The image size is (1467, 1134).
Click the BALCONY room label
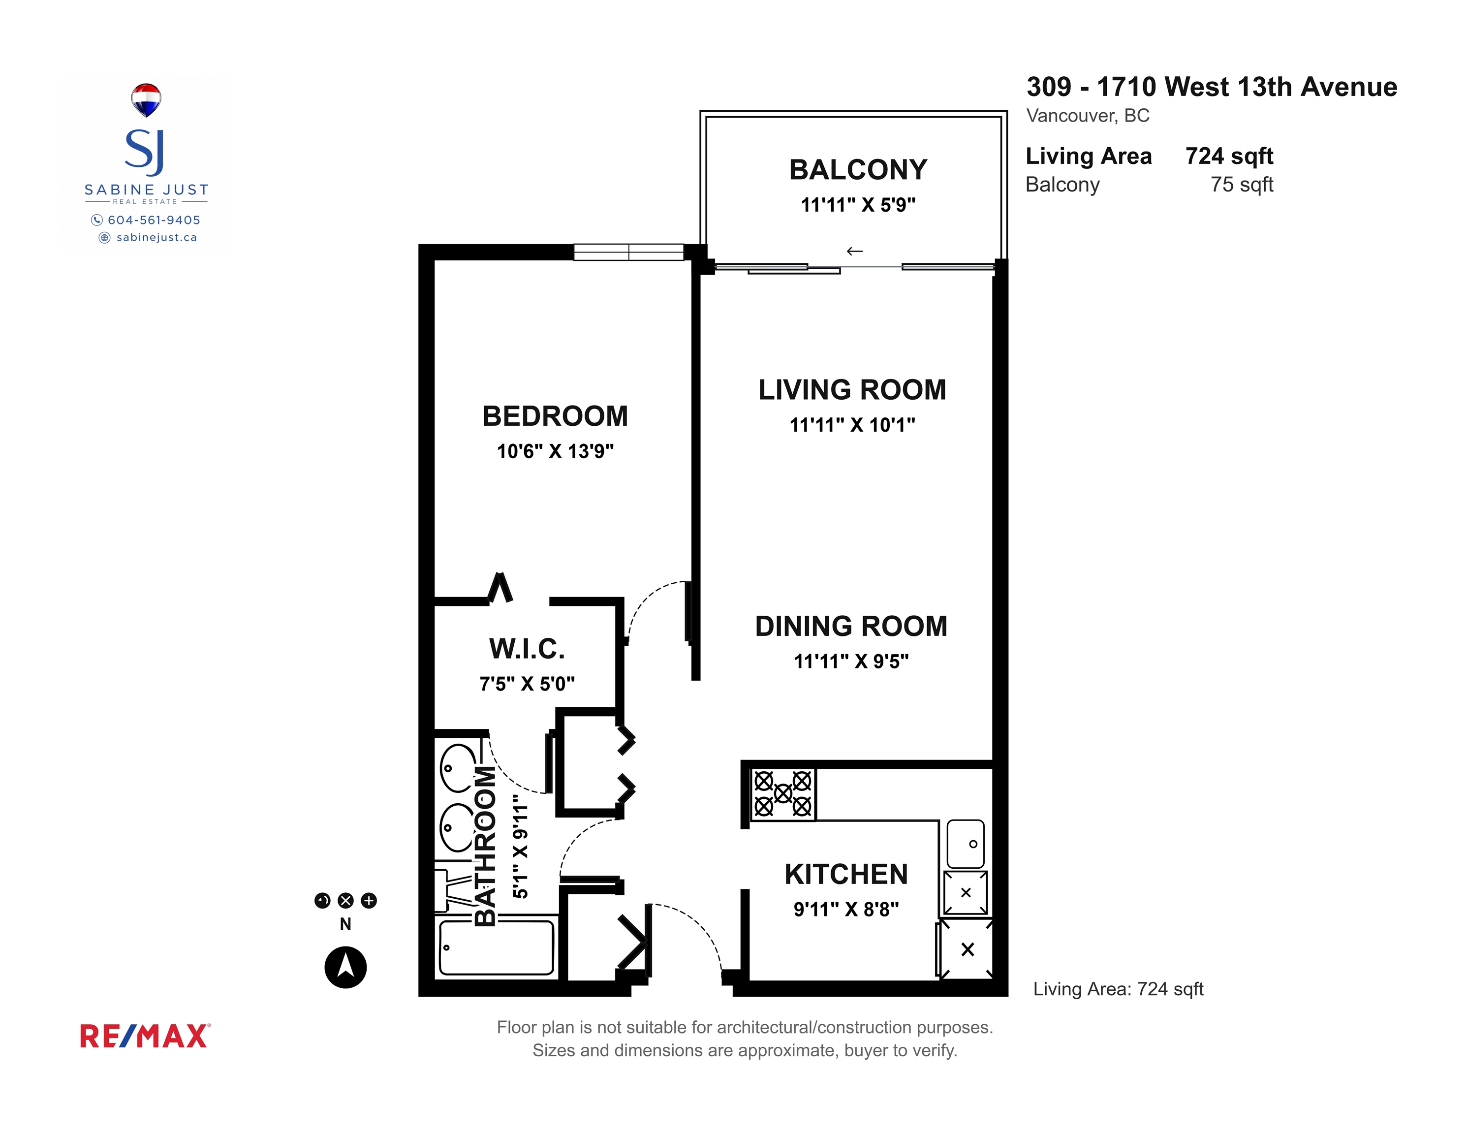[x=858, y=169]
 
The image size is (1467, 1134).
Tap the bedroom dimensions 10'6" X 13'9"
[x=555, y=451]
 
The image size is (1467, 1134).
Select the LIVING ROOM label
[x=852, y=390]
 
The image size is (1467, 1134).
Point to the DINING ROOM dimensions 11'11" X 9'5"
[x=851, y=661]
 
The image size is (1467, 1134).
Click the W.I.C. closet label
[x=527, y=649]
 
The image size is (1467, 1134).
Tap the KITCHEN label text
[x=845, y=874]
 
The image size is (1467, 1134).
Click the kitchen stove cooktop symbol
[x=782, y=793]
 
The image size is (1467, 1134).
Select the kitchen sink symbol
[x=965, y=844]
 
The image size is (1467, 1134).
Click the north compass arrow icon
[x=345, y=967]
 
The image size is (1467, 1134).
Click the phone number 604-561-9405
[x=154, y=220]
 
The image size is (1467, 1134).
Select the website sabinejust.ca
[x=156, y=237]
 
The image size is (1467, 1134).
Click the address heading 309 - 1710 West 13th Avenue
[x=1212, y=87]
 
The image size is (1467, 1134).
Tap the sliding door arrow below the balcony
[x=854, y=251]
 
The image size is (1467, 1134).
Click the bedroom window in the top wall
[x=629, y=252]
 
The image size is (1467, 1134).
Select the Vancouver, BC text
[x=1088, y=116]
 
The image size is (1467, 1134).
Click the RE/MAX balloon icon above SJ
[x=146, y=99]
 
